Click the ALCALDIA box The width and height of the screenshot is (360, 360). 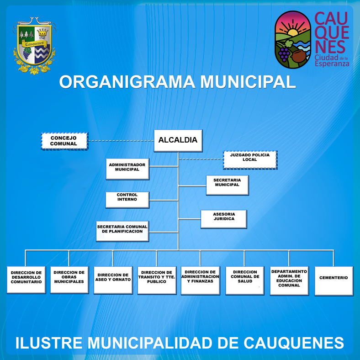coord(178,141)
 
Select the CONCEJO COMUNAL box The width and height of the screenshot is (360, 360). coord(64,141)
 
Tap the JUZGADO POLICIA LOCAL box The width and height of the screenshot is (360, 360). coord(250,160)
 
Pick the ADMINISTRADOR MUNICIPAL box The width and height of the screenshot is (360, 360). coord(127,169)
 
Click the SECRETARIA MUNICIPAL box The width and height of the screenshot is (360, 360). coord(228,185)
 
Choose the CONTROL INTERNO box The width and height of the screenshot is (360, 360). coord(127,200)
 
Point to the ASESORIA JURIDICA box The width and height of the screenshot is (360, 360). coord(224,219)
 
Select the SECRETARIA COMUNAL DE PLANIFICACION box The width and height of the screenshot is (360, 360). coord(122,231)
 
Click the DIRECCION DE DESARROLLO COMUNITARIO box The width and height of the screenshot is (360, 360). coord(26,280)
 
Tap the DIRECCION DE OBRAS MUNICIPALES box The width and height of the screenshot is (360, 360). coord(69,280)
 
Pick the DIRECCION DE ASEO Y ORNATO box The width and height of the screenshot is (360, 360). coord(113,280)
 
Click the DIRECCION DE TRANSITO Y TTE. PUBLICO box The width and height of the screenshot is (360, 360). coord(157,281)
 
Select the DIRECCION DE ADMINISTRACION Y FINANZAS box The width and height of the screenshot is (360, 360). coord(201,281)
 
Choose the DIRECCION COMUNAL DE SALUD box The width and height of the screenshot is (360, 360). coord(245,281)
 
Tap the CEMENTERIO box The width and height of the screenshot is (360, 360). coord(334,281)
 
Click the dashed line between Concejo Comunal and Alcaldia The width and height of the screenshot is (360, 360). coord(121,141)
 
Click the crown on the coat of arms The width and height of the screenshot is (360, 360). coord(42,32)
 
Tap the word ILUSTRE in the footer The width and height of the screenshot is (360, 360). coord(49,343)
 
